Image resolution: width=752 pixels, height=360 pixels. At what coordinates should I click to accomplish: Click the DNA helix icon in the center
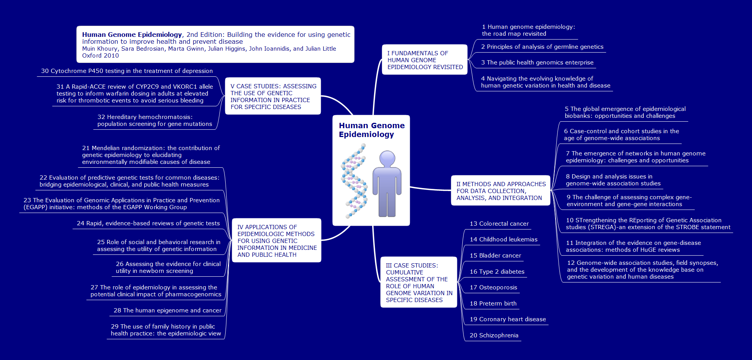tap(354, 180)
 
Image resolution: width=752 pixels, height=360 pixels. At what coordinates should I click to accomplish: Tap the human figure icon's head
tap(387, 158)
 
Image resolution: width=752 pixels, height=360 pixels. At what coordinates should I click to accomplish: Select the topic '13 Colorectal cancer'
tap(499, 224)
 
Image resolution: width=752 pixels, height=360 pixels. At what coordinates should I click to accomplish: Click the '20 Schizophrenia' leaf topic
tap(494, 335)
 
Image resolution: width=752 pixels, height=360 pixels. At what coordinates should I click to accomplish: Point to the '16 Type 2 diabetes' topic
tap(497, 272)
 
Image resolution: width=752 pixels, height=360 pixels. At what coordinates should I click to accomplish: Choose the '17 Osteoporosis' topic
tap(493, 287)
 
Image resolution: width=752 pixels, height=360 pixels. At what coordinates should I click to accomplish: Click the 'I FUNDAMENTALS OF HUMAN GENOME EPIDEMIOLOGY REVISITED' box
tap(425, 60)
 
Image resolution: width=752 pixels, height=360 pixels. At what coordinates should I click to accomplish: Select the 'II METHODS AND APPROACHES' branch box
tap(501, 191)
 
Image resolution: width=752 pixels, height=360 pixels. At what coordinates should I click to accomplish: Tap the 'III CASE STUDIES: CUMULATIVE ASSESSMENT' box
tap(419, 282)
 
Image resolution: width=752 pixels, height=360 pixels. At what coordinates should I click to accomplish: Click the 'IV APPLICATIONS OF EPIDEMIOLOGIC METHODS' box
tap(277, 241)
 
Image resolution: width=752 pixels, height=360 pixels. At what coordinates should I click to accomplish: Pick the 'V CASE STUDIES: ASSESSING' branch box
tap(273, 96)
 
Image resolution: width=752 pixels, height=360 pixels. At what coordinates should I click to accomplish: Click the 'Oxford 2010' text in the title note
tap(101, 56)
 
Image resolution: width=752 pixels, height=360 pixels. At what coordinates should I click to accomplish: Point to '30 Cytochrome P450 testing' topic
tap(127, 71)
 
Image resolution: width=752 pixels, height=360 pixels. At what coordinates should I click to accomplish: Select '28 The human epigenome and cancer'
tap(167, 310)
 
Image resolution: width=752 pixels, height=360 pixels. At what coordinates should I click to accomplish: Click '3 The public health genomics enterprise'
tap(537, 63)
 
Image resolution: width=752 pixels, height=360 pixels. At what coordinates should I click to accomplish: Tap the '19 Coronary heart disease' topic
tap(508, 319)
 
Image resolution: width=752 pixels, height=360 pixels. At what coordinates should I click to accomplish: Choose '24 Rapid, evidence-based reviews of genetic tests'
tap(148, 223)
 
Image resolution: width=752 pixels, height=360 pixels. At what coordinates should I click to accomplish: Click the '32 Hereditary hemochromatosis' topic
tap(155, 121)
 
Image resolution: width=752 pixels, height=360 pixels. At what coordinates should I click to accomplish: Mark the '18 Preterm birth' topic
tap(493, 304)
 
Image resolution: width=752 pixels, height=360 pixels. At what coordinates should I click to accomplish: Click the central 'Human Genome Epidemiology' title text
tap(371, 130)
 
